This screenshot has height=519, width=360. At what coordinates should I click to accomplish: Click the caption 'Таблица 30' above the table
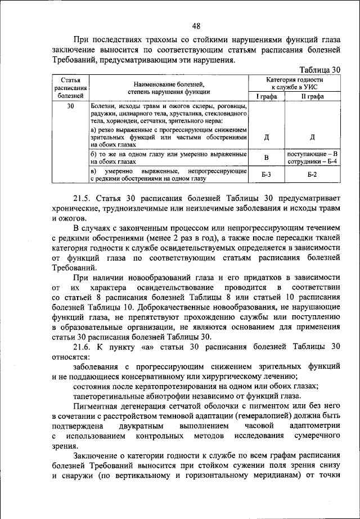(x=320, y=70)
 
